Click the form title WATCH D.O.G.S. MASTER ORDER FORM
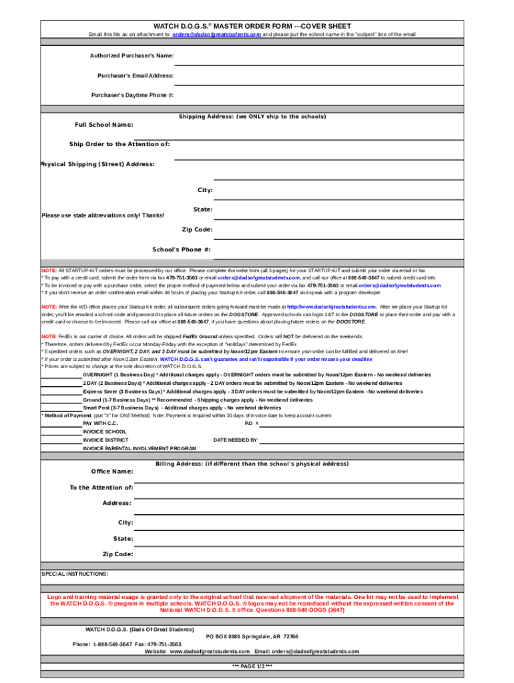[x=252, y=26]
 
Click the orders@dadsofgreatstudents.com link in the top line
[x=216, y=34]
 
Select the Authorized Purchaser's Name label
[x=132, y=55]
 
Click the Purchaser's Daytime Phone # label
[x=132, y=95]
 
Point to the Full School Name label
[x=103, y=125]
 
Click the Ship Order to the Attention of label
[x=119, y=144]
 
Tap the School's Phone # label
[x=182, y=249]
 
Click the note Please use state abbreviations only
[x=103, y=215]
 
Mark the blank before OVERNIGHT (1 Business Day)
[x=61, y=376]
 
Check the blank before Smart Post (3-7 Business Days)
[x=61, y=408]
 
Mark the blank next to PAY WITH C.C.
[x=61, y=424]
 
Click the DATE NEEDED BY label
[x=236, y=440]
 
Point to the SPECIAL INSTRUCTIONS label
[x=75, y=574]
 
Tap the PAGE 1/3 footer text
[x=252, y=666]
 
